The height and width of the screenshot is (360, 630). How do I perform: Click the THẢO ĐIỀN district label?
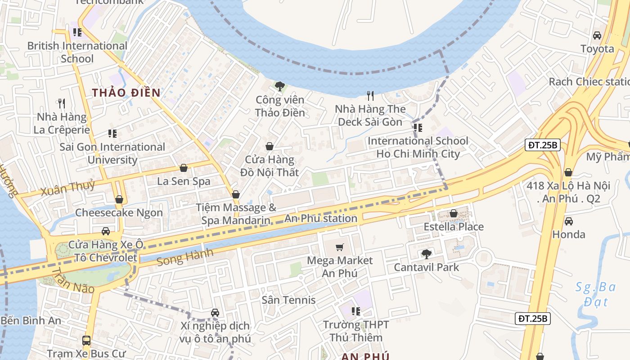126,93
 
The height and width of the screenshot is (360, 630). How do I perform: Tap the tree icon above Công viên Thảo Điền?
280,85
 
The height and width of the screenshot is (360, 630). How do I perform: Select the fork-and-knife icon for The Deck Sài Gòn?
370,95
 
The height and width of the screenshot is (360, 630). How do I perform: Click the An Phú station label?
321,219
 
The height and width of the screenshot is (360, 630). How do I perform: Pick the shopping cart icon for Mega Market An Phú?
340,247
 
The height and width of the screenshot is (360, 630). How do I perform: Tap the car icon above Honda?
569,221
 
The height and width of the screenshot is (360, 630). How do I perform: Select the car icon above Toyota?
597,35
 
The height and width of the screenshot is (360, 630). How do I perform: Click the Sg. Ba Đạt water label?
592,294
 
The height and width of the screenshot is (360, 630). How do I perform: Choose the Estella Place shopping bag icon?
454,213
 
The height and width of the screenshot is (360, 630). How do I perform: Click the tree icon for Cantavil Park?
426,254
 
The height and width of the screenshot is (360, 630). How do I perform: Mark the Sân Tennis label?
288,300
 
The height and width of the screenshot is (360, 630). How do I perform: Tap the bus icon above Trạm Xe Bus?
86,341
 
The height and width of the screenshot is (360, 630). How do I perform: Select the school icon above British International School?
77,32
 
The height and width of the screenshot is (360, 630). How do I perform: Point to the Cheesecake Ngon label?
119,213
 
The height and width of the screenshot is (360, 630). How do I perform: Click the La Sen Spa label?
184,181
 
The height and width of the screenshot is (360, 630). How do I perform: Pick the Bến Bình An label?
31,320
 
